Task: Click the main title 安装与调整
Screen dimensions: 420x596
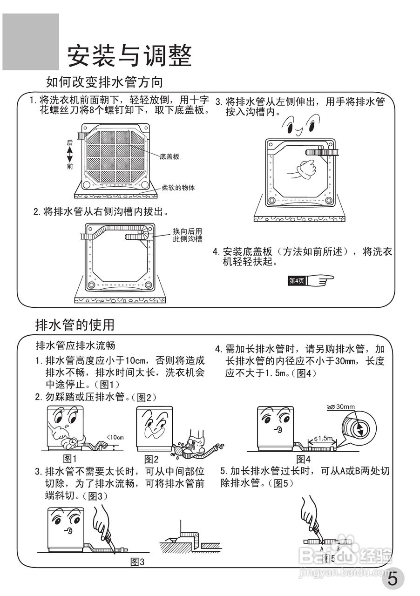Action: tap(129, 56)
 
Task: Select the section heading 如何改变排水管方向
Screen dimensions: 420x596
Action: tap(104, 82)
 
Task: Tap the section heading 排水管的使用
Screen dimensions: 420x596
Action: tap(75, 324)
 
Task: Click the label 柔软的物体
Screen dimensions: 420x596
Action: tap(178, 188)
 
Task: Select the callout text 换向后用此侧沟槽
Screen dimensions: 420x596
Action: tap(187, 235)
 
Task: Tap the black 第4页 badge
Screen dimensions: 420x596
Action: tap(297, 281)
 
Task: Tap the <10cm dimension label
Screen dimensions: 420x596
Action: tap(115, 437)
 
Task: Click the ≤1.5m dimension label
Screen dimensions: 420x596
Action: tap(323, 438)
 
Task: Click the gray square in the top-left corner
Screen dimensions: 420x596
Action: tap(31, 42)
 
